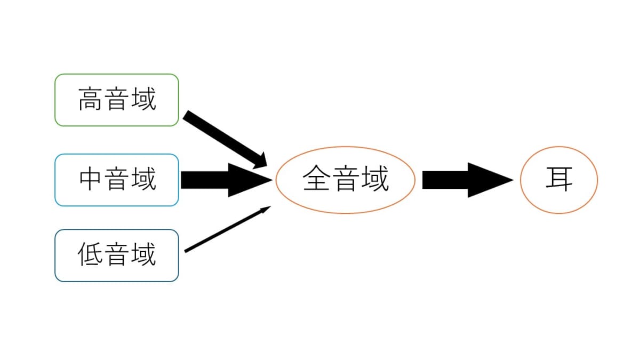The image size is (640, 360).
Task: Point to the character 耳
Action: tap(559, 179)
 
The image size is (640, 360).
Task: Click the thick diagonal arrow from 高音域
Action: tap(225, 139)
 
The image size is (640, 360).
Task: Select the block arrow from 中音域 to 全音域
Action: tap(227, 180)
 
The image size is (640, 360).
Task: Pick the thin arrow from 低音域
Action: tap(227, 229)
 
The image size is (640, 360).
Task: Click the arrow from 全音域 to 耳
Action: tap(468, 180)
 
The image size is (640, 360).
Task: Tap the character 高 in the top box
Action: tap(90, 99)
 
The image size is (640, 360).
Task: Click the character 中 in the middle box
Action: tap(90, 179)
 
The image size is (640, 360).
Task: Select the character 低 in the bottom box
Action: tap(90, 254)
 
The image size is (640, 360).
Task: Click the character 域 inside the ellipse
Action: tap(375, 179)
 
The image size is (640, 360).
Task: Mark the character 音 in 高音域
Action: tap(117, 99)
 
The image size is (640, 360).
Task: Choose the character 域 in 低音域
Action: tap(143, 254)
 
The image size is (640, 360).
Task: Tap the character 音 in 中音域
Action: tap(117, 179)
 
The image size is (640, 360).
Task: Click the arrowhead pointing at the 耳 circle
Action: tap(491, 180)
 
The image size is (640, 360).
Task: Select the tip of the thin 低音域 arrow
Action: tap(271, 206)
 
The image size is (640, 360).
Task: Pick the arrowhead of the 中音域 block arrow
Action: tap(250, 180)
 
